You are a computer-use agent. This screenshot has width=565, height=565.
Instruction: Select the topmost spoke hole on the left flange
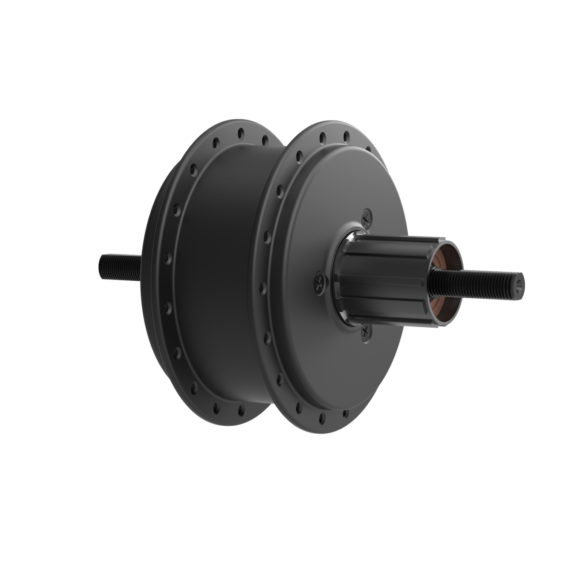pyautogui.click(x=240, y=133)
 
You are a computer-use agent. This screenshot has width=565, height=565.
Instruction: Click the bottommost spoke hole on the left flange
pyautogui.click(x=240, y=408)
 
